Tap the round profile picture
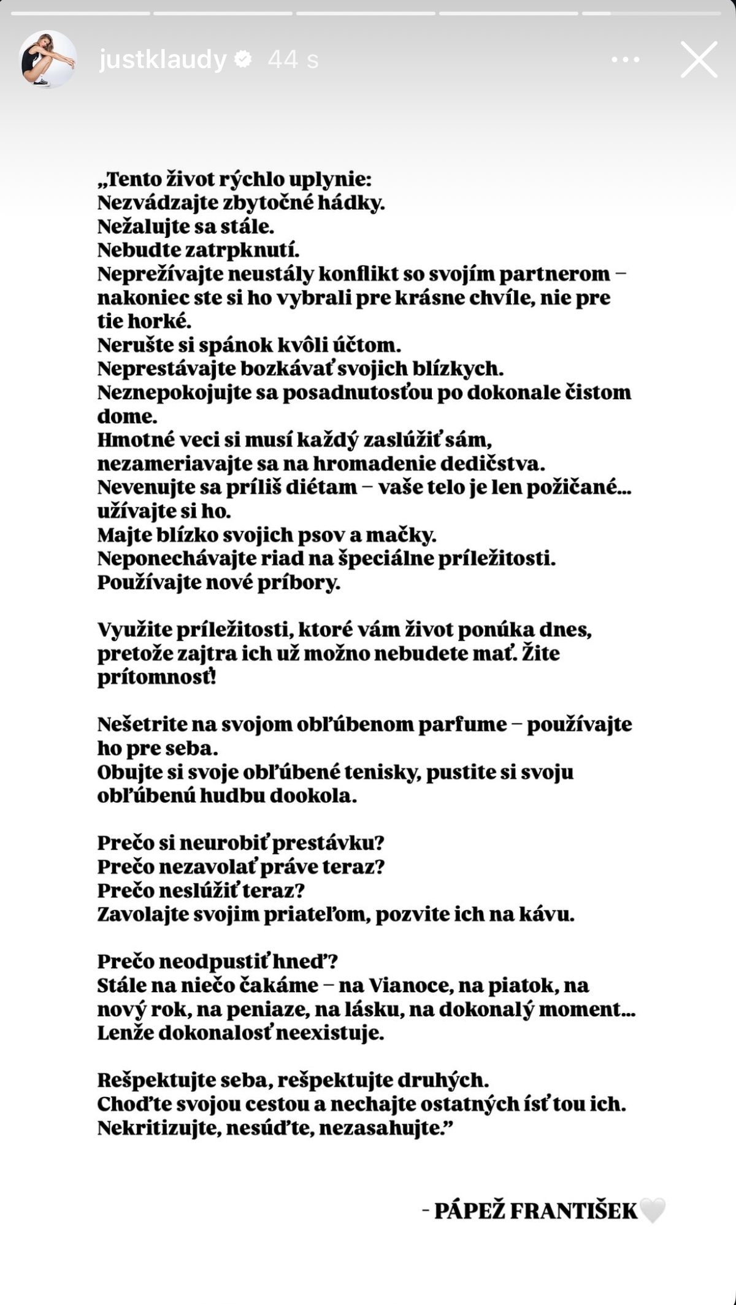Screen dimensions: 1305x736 (x=48, y=59)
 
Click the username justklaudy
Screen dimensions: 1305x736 (x=163, y=59)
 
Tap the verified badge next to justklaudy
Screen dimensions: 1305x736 (x=243, y=59)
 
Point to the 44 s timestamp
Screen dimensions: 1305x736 (x=293, y=59)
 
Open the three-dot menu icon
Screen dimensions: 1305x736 (x=626, y=59)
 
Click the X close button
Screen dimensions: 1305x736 (x=699, y=59)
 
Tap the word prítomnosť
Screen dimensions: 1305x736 (x=156, y=678)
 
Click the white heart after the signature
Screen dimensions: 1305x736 (x=652, y=1211)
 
